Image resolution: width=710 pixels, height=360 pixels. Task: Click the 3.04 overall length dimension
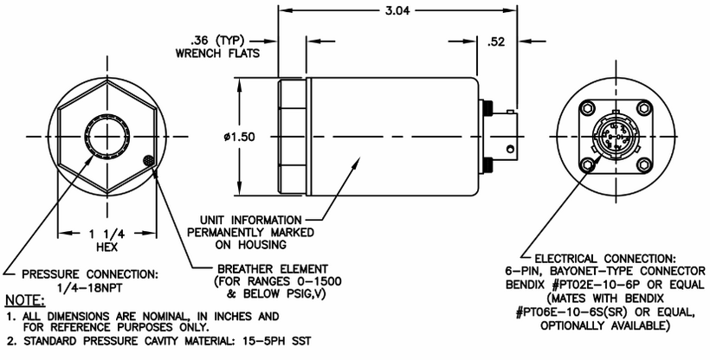(397, 10)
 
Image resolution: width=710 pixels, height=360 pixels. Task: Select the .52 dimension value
(496, 42)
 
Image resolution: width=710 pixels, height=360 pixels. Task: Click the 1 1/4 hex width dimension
(106, 234)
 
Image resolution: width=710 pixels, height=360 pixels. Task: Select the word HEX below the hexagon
(106, 247)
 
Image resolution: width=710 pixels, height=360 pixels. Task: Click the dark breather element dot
(148, 160)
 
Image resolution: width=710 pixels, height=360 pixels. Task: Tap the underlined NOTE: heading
(25, 300)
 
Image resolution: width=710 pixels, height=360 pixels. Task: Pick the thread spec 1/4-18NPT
(90, 288)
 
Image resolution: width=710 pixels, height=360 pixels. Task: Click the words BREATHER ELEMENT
(273, 268)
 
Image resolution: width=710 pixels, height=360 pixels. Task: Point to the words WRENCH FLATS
(218, 54)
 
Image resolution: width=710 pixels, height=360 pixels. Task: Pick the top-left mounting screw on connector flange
(587, 108)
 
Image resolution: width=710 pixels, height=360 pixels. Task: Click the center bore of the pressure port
(106, 137)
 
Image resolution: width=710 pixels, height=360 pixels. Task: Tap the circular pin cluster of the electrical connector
(615, 137)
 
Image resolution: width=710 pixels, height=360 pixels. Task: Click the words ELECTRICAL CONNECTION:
(605, 259)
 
